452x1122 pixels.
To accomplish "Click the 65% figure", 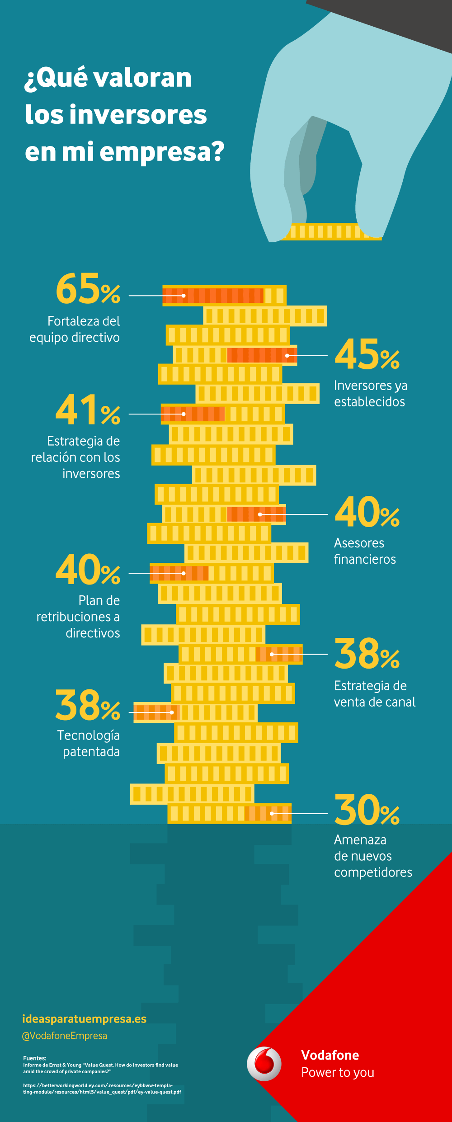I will click(88, 289).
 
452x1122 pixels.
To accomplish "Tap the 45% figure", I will click(367, 355).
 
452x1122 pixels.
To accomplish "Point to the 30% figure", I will click(367, 811).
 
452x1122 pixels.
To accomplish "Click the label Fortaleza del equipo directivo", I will click(75, 329).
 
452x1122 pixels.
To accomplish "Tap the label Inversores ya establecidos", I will click(370, 393).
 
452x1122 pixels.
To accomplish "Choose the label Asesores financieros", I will click(364, 551).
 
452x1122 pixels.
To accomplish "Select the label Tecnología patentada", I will click(89, 743).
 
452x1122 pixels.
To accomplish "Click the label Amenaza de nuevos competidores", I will click(372, 856).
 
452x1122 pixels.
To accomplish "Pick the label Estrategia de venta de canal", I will click(374, 693).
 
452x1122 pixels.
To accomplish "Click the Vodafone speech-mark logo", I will click(264, 1064).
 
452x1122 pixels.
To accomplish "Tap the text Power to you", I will click(338, 1072).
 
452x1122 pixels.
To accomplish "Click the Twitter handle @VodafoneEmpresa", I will click(65, 1036).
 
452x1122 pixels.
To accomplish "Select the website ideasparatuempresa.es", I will click(85, 1018).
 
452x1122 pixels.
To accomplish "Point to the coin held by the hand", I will click(332, 231).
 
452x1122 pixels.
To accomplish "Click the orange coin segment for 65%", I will click(213, 296).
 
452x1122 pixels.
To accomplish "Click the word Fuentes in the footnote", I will click(34, 1058).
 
